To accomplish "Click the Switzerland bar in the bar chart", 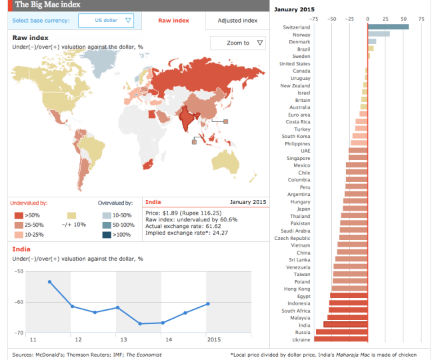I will [x=388, y=27].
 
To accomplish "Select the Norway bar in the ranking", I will [x=379, y=34].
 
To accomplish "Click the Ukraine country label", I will [x=299, y=339].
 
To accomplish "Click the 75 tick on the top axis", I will [x=421, y=19].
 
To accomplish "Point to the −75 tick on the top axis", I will [x=314, y=19].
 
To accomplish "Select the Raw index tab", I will [x=173, y=21].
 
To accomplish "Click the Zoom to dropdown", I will [x=238, y=43].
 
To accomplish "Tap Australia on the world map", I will [x=229, y=155].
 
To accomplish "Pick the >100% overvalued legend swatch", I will [x=107, y=234].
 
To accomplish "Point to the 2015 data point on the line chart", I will [x=208, y=304].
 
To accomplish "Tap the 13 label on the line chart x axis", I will [x=123, y=339].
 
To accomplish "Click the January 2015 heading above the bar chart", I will [x=294, y=9].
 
